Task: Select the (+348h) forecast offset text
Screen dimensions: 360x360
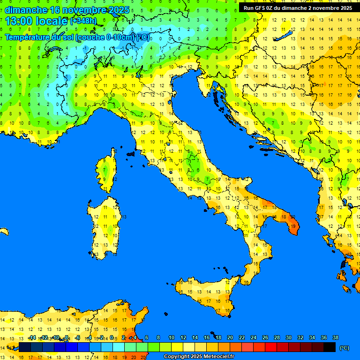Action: tap(83, 21)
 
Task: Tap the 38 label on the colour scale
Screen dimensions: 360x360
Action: tap(336, 337)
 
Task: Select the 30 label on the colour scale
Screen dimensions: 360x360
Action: tap(289, 337)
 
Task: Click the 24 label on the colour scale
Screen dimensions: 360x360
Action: tap(254, 337)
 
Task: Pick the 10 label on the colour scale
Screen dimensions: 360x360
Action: tap(172, 337)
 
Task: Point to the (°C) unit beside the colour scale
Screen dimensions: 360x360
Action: tap(345, 348)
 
